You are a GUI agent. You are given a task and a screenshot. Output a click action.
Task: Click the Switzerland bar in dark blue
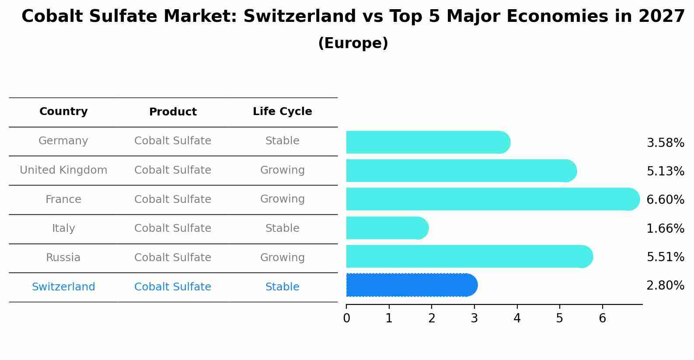[x=411, y=285]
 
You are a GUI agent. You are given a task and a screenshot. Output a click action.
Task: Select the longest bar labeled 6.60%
[x=492, y=199]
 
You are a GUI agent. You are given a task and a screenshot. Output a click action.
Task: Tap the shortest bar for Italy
[x=387, y=228]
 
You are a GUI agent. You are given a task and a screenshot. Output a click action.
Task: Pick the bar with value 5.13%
[x=461, y=171]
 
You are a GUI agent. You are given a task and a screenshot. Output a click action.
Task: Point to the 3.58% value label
[x=665, y=143]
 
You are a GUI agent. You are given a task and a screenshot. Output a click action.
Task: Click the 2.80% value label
[x=665, y=286]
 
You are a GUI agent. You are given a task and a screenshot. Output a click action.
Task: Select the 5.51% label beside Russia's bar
[x=665, y=257]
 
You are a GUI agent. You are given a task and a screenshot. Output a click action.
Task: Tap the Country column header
[x=63, y=112]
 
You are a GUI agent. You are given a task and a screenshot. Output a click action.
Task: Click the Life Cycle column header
[x=282, y=112]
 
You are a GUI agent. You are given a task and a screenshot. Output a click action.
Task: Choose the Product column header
[x=173, y=112]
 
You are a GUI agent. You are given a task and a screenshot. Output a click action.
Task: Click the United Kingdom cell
[x=63, y=170]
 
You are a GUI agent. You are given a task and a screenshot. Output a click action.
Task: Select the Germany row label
[x=63, y=141]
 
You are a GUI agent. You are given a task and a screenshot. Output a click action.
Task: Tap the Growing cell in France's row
[x=282, y=199]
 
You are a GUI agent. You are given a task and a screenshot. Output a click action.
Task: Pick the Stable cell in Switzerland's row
[x=282, y=287]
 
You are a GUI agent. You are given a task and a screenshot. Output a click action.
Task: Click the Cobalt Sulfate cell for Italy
[x=173, y=228]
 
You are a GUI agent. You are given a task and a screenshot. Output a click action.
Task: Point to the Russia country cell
[x=63, y=258]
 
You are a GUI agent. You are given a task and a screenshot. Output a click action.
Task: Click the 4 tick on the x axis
[x=517, y=318]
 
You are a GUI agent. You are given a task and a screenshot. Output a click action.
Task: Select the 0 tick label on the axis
[x=346, y=318]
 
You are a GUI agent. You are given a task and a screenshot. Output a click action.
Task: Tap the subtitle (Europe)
[x=353, y=43]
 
